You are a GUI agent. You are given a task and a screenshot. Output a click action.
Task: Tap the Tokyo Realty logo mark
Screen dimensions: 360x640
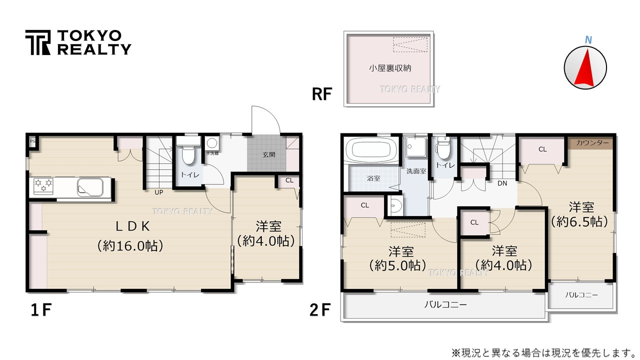tap(38, 42)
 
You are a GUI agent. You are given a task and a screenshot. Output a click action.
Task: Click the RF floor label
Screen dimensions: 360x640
tap(322, 93)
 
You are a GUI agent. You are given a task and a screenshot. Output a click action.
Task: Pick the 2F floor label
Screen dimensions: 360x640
tap(319, 310)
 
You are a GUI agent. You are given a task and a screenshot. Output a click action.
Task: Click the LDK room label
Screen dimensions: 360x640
tap(133, 226)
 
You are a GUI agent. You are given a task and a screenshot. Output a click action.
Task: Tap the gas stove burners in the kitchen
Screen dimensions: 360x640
tap(43, 186)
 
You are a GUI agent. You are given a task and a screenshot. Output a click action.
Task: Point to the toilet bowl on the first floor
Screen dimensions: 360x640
tap(188, 154)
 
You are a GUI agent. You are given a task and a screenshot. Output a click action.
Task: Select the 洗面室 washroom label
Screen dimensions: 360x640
tap(416, 171)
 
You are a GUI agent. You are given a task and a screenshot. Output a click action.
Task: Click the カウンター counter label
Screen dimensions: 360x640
tap(592, 143)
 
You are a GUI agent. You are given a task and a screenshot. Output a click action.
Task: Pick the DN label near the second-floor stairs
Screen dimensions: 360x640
tap(502, 183)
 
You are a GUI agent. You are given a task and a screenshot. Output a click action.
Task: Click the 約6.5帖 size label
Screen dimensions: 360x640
tap(580, 221)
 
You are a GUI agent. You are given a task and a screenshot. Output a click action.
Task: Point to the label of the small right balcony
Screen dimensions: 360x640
tap(581, 295)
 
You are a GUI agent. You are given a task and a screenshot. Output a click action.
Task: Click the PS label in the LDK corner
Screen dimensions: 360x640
tap(32, 141)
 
